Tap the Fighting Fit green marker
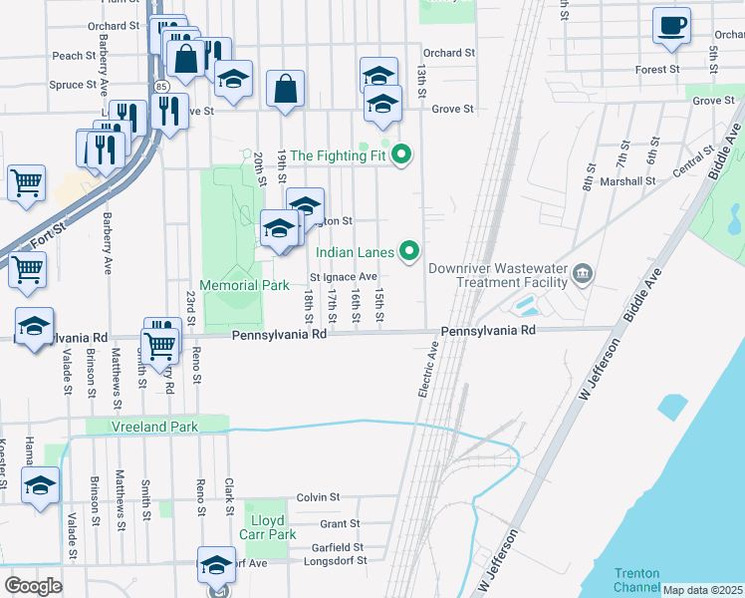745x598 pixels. coord(401,154)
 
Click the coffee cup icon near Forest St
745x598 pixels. coord(671,24)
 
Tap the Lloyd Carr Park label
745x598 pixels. coord(269,527)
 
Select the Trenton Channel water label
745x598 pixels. coord(636,579)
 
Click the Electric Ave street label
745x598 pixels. coord(428,370)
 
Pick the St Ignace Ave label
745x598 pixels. coord(344,277)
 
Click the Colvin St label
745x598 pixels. coord(318,496)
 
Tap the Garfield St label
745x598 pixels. coord(336,547)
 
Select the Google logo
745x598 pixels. coord(34,586)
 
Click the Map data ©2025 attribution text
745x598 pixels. coord(703,590)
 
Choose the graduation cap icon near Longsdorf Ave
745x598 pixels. coord(215,564)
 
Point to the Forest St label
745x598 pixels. coord(658,70)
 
